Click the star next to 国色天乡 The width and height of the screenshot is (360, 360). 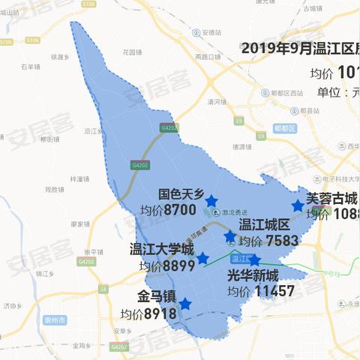coord(211,201)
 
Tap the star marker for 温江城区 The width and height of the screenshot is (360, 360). coord(229,237)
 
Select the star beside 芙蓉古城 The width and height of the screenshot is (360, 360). coord(298,205)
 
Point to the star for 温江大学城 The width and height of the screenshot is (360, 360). coord(202,258)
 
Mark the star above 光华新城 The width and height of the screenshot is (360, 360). coord(254,260)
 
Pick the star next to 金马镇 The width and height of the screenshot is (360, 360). coord(184,304)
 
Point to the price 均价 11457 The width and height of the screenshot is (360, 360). coord(261,291)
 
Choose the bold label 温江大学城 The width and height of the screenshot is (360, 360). coord(162,249)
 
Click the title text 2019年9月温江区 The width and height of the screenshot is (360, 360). coord(300,49)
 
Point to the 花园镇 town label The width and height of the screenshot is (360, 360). coord(132,52)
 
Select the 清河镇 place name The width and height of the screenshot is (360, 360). coord(217,101)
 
